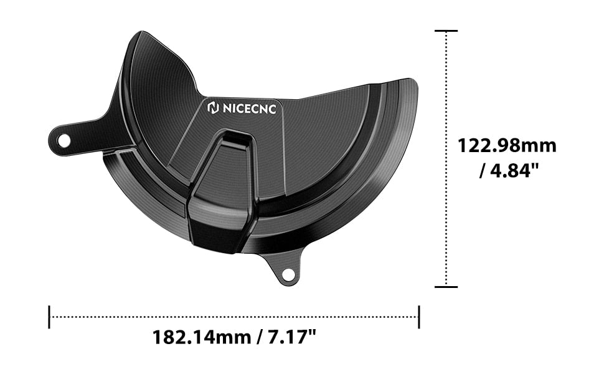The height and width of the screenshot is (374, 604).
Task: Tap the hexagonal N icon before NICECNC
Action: click(212, 108)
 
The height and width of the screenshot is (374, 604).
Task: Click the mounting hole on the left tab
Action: click(64, 141)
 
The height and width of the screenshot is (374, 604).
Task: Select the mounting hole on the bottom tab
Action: click(287, 274)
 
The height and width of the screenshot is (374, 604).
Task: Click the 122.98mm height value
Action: click(507, 146)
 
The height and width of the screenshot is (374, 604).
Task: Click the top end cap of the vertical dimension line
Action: click(446, 31)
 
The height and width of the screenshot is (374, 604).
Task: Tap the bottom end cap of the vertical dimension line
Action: click(446, 287)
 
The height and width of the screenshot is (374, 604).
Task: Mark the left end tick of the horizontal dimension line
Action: click(49, 317)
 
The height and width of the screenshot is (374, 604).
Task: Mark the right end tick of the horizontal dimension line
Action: click(419, 317)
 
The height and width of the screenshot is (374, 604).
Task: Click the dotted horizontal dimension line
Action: click(234, 317)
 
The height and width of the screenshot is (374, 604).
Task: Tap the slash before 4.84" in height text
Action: click(484, 170)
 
